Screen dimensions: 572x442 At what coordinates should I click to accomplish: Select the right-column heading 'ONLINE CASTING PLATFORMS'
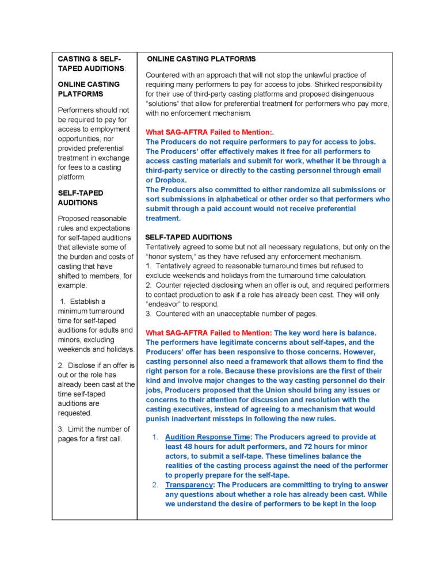[201, 59]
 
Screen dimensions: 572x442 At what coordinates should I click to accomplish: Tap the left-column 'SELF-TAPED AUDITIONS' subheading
[81, 198]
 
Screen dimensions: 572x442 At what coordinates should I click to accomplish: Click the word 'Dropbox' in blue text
[172, 180]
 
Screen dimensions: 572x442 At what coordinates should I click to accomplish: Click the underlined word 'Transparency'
[189, 485]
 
